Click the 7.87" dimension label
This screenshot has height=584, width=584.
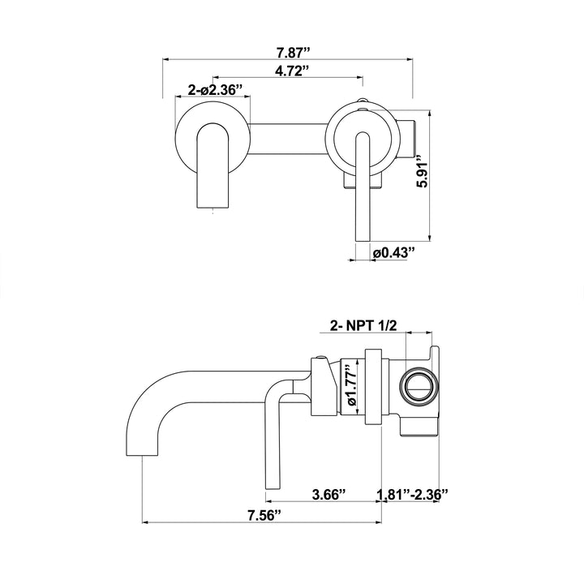tap(293, 53)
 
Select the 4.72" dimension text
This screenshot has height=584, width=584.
tap(292, 71)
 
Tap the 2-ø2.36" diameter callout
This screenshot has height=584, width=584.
tap(215, 90)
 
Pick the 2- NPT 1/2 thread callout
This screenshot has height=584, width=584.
tap(363, 326)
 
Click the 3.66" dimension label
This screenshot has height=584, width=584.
tap(328, 495)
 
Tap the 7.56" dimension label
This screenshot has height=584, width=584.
tap(264, 516)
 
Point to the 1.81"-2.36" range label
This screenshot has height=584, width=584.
tap(412, 495)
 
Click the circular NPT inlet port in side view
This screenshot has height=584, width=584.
tap(419, 388)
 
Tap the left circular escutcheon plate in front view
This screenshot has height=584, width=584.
tap(213, 139)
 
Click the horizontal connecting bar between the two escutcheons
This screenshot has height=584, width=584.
tap(288, 139)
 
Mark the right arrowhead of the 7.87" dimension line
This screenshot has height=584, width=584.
tap(410, 59)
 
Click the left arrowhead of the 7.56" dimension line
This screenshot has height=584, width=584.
tap(146, 522)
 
